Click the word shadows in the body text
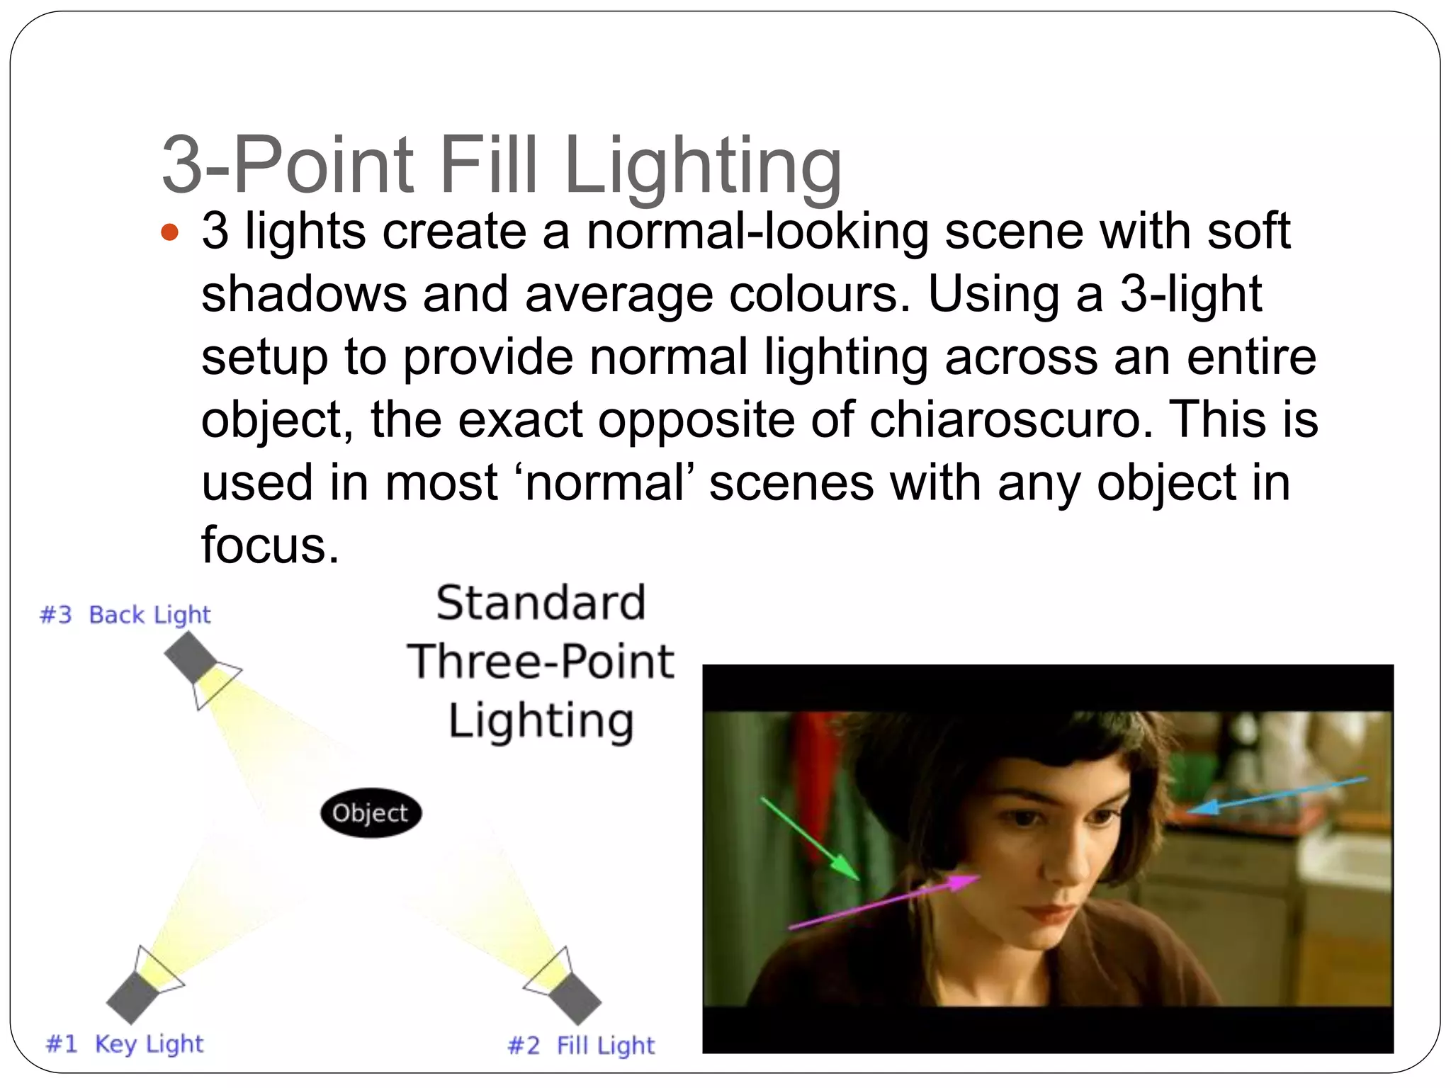tap(304, 294)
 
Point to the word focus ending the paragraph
tap(269, 545)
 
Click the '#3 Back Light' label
tap(125, 615)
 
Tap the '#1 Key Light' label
tap(125, 1043)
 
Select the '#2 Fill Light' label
tap(581, 1045)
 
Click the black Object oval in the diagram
tap(371, 813)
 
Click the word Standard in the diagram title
tap(541, 603)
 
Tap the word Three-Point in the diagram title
tap(541, 662)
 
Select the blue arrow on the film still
tap(1275, 794)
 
